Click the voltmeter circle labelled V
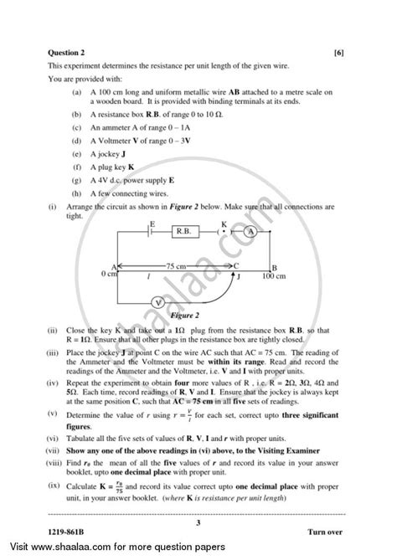[157, 302]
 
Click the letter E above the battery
[152, 222]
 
